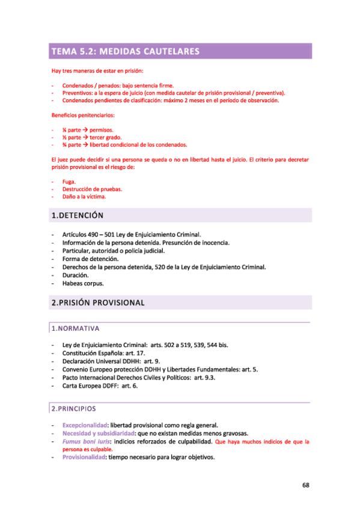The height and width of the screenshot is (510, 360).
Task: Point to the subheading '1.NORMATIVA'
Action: click(75, 328)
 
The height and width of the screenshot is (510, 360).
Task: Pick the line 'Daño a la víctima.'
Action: click(84, 197)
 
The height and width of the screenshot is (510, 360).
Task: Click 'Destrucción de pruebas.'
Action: click(92, 189)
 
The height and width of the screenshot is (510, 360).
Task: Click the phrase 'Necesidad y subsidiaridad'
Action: click(98, 433)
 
